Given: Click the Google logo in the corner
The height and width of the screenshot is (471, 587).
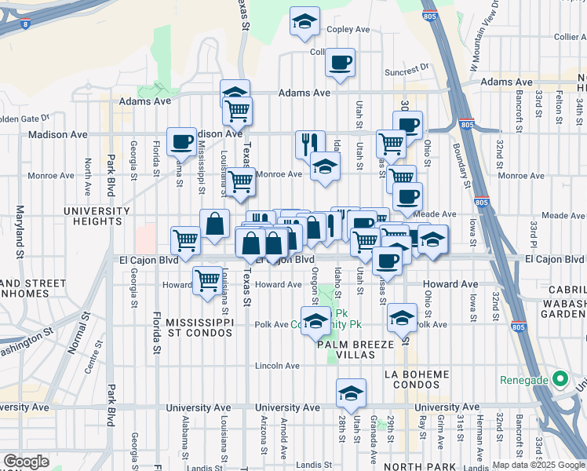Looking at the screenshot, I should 27,462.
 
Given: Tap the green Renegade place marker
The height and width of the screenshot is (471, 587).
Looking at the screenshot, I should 559,380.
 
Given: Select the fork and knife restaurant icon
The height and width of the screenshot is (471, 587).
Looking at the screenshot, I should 310,144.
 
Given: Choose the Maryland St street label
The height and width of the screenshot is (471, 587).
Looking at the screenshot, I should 18,232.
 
